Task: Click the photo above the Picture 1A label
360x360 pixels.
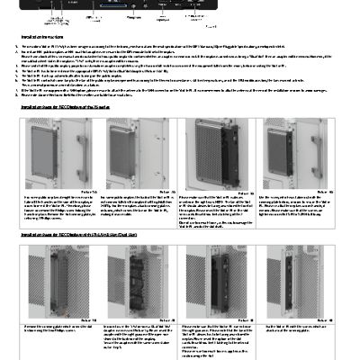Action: point(58,150)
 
